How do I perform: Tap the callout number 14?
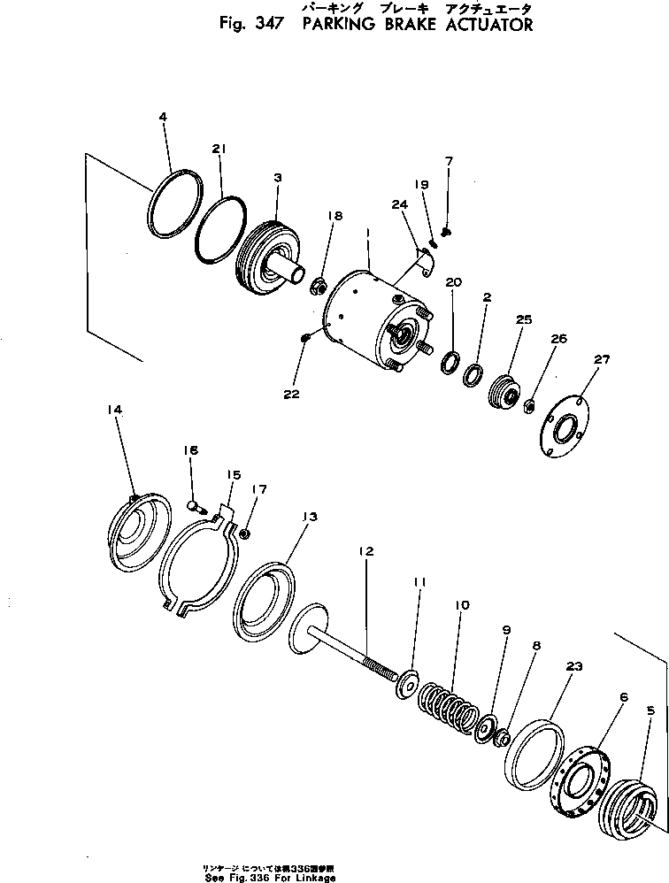point(115,409)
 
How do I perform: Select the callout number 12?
point(366,549)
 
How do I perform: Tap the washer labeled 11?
point(409,684)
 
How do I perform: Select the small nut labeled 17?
point(246,534)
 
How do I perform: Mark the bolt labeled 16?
point(196,506)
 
